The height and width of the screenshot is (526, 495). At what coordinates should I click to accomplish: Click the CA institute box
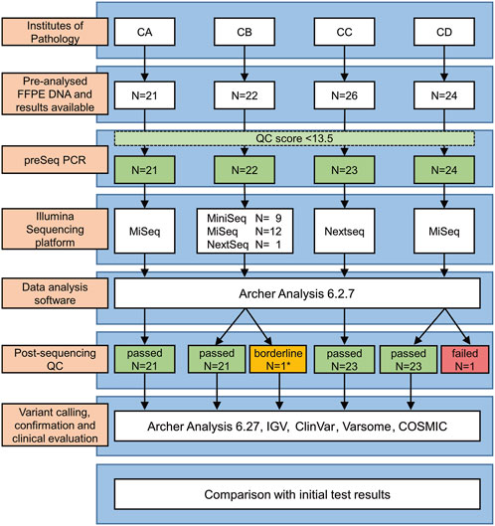point(144,32)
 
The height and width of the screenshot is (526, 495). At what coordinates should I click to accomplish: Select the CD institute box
point(444,32)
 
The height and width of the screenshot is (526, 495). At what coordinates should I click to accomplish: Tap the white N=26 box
point(345,95)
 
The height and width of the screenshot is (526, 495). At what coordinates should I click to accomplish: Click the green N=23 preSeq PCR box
point(345,170)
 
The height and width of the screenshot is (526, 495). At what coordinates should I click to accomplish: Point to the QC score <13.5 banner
point(294,138)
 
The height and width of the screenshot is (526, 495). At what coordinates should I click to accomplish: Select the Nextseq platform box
point(345,231)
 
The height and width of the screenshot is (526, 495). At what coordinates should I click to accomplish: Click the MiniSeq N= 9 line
point(245,219)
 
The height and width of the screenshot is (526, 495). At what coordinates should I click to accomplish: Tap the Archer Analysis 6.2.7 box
point(297,293)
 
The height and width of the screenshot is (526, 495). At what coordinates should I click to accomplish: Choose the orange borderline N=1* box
point(278,359)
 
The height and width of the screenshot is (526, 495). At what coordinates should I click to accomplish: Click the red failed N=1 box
point(465,359)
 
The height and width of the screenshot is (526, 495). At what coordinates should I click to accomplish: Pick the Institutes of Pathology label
point(55,32)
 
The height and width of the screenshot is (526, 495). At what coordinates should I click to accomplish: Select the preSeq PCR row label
point(55,160)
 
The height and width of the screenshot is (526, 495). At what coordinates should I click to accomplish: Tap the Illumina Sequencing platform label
point(55,229)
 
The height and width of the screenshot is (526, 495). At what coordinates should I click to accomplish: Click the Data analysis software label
point(55,293)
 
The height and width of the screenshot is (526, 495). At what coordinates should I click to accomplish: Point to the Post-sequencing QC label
point(55,359)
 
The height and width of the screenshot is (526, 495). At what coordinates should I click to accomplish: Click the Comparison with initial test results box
point(297,494)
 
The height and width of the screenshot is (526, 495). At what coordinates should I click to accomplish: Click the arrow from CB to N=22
point(245,64)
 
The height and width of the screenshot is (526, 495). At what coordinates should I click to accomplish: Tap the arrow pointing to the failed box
point(456,327)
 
